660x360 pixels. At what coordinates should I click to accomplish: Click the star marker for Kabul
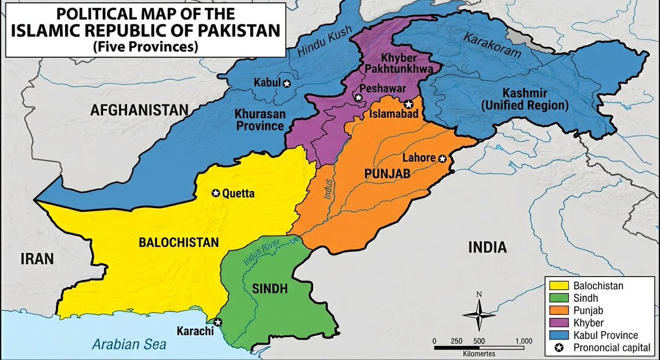pos(286,83)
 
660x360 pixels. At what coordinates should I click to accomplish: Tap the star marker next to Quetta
pos(216,193)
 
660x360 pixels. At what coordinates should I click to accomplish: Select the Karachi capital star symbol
pos(218,322)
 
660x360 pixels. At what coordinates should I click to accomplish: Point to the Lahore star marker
pos(442,158)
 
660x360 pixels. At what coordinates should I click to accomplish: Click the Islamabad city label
pos(392,114)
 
